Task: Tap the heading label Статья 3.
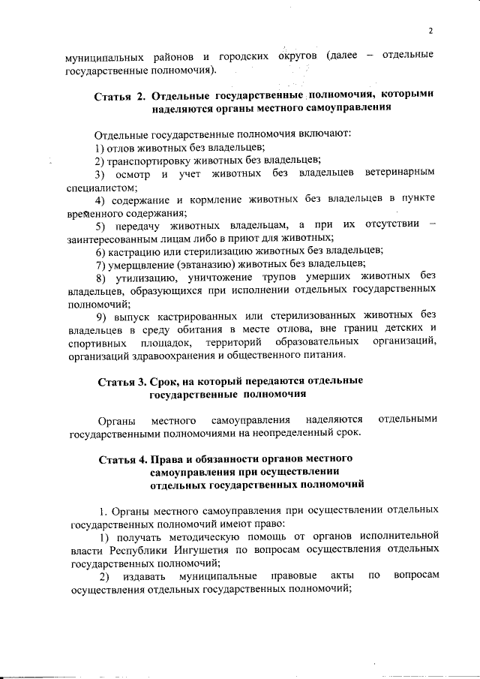(122, 381)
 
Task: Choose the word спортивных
(94, 341)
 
